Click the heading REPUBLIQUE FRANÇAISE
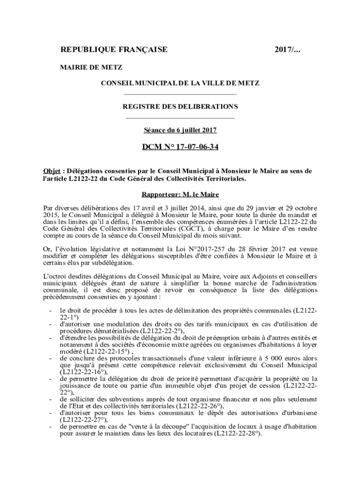point(114,50)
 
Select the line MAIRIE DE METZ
point(91,67)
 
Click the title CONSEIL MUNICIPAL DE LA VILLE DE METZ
point(180,83)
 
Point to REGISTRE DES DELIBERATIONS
point(180,107)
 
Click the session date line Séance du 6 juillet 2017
point(180,130)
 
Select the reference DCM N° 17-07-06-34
point(180,147)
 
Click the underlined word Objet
point(51,171)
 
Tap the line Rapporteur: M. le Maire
point(180,194)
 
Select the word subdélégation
point(107,263)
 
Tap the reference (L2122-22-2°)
point(149,331)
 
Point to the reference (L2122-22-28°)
point(238,434)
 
